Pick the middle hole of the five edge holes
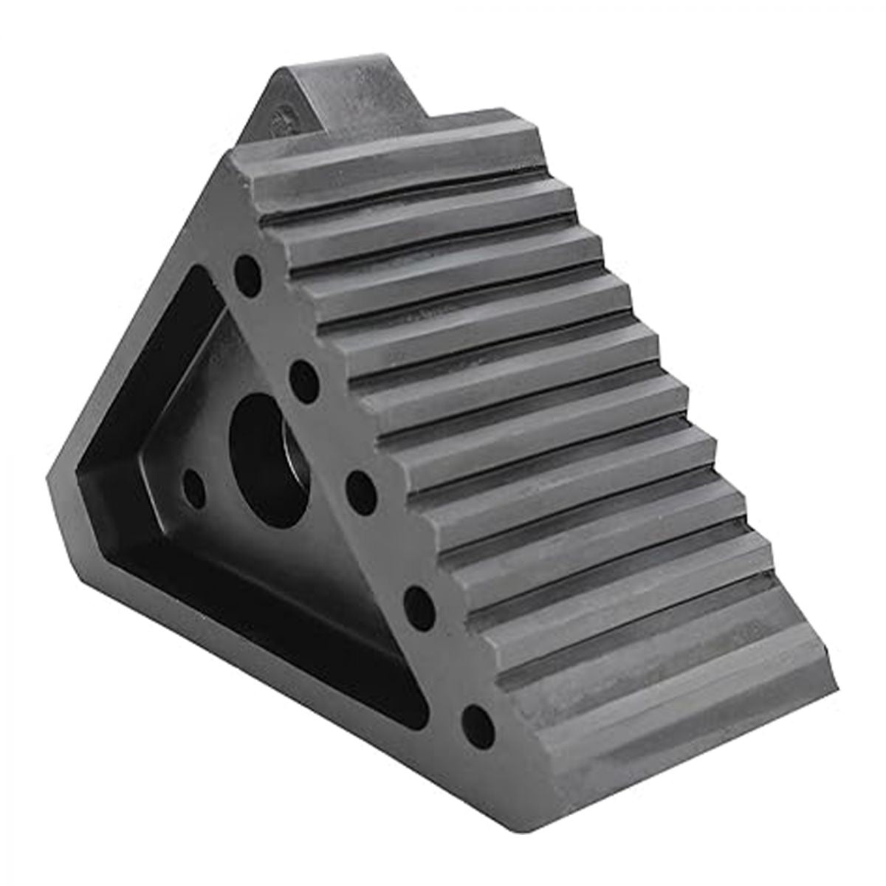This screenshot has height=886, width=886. (361, 487)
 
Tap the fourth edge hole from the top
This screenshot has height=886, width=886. (419, 597)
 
